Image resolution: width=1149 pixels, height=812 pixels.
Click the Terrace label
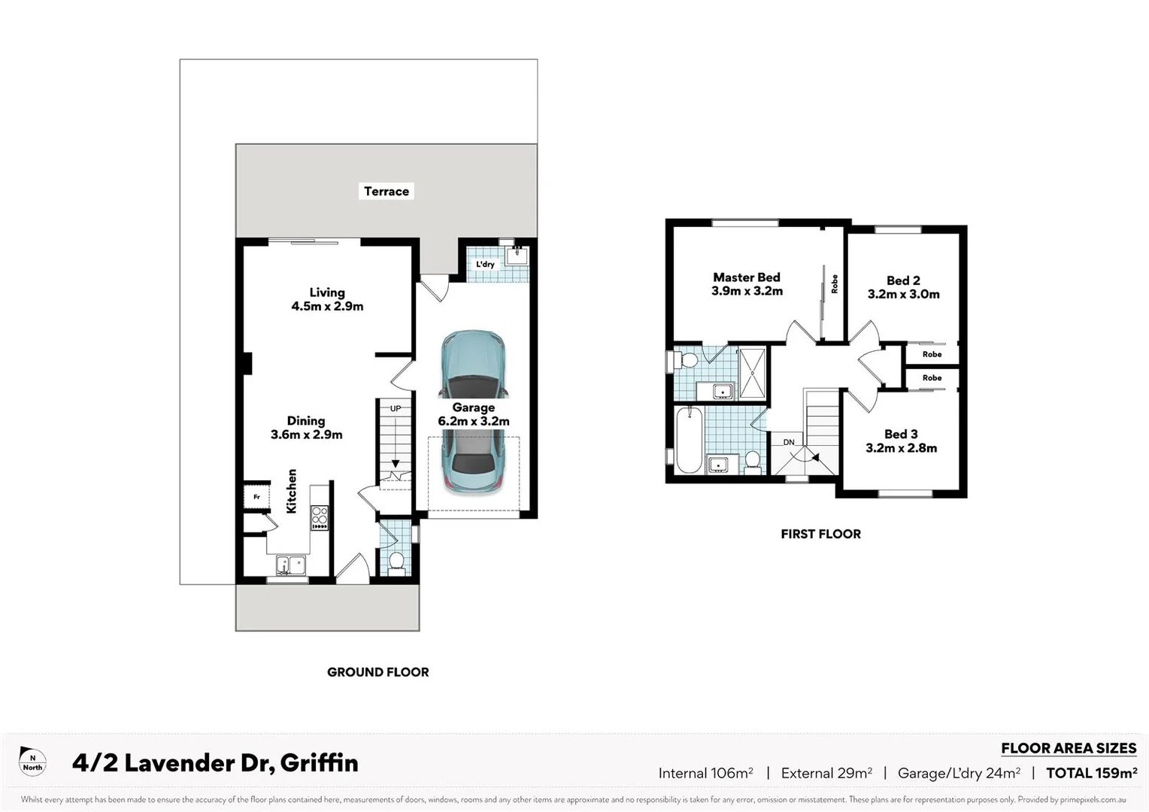pyautogui.click(x=387, y=191)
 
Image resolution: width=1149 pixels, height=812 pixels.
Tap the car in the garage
pyautogui.click(x=473, y=411)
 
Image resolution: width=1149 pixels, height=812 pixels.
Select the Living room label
pyautogui.click(x=327, y=292)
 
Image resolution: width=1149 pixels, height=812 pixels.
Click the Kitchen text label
pyautogui.click(x=292, y=491)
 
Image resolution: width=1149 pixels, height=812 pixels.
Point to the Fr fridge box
pyautogui.click(x=256, y=497)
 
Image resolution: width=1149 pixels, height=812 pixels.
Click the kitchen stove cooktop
pyautogui.click(x=320, y=517)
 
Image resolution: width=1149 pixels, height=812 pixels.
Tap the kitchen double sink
pyautogui.click(x=290, y=565)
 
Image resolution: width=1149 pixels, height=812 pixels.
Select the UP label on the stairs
pyautogui.click(x=396, y=408)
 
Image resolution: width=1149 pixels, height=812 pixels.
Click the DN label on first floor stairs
pyautogui.click(x=789, y=442)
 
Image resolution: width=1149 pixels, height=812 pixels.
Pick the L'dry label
pyautogui.click(x=485, y=264)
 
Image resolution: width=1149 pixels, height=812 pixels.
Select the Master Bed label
pyautogui.click(x=747, y=277)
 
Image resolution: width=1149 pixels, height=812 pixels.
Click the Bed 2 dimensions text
pyautogui.click(x=903, y=295)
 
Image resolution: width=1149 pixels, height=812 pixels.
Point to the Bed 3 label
pyautogui.click(x=901, y=434)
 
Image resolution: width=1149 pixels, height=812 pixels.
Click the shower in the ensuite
pyautogui.click(x=752, y=373)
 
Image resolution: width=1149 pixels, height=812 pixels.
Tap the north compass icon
pyautogui.click(x=32, y=762)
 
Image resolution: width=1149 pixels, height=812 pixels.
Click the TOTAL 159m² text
pyautogui.click(x=1091, y=773)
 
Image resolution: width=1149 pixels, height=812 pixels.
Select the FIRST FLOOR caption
pyautogui.click(x=820, y=534)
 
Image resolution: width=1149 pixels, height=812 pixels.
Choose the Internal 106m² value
pyautogui.click(x=705, y=773)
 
